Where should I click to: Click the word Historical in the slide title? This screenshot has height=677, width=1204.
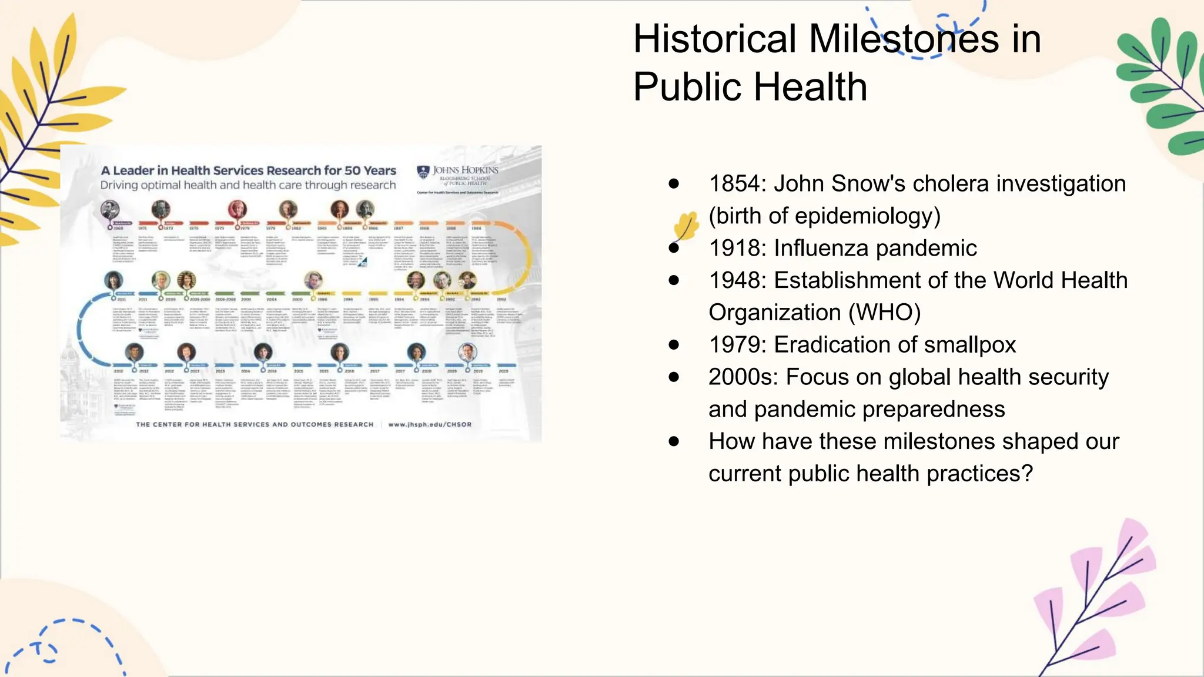pyautogui.click(x=714, y=39)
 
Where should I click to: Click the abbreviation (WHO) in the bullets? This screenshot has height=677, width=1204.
pyautogui.click(x=884, y=313)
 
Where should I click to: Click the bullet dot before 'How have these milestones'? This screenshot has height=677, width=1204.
pyautogui.click(x=674, y=441)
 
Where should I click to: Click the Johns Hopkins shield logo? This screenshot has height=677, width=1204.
pyautogui.click(x=423, y=172)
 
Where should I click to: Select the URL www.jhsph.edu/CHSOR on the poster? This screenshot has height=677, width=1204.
pyautogui.click(x=430, y=424)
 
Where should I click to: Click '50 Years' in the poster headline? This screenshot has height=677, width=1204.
pyautogui.click(x=370, y=170)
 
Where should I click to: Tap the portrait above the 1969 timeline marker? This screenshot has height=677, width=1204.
pyautogui.click(x=110, y=209)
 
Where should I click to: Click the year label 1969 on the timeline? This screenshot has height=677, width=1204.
pyautogui.click(x=118, y=228)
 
